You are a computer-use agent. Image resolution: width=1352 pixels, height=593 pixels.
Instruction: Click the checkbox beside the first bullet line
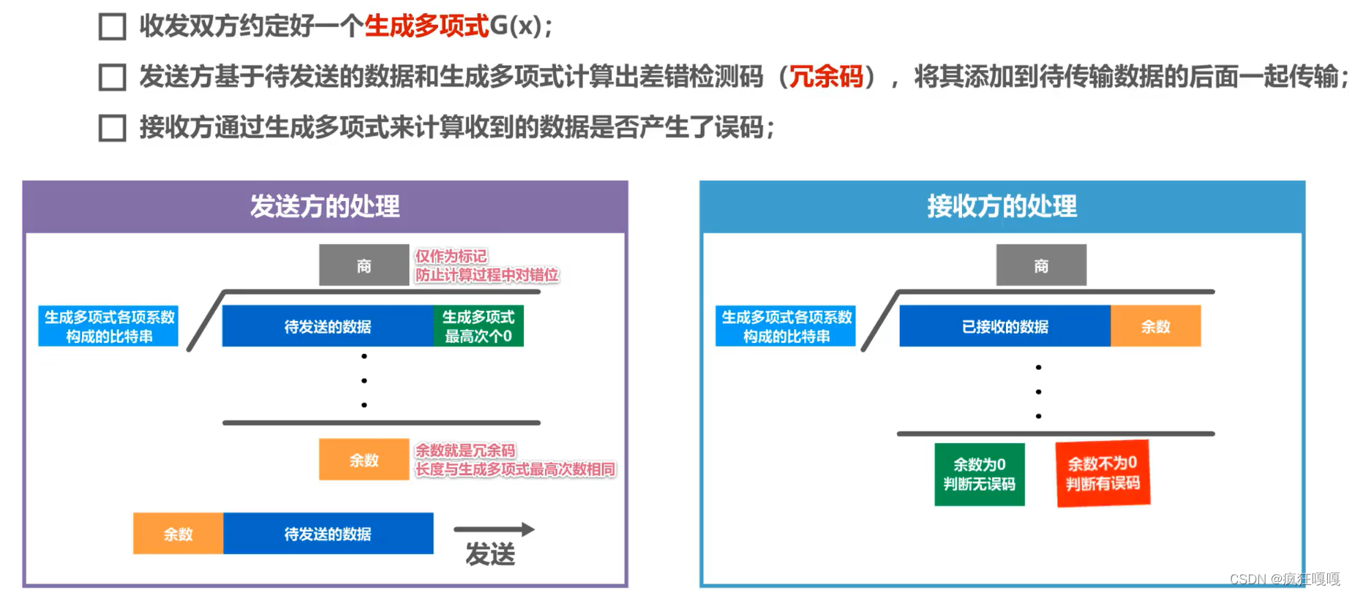point(112,26)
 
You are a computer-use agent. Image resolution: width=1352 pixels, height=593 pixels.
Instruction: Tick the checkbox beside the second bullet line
point(112,77)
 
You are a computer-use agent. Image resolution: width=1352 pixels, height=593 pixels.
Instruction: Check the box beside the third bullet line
point(112,128)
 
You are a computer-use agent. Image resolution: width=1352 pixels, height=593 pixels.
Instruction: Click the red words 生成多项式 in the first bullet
point(427,26)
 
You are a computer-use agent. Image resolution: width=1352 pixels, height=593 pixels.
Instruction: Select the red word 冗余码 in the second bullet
point(826,76)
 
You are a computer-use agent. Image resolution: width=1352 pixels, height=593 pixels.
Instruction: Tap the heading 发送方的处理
point(325,206)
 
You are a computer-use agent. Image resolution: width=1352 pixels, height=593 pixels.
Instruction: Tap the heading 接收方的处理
point(1002,206)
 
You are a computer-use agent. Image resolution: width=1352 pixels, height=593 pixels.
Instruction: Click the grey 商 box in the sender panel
point(364,265)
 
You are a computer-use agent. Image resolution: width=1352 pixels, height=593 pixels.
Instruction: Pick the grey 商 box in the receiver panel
point(1041,265)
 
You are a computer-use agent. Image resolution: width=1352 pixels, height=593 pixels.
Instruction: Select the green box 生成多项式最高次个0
point(478,326)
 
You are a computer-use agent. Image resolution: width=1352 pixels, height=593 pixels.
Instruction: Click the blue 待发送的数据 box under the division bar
point(327,326)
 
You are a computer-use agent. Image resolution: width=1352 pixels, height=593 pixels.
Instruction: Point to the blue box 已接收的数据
point(1004,326)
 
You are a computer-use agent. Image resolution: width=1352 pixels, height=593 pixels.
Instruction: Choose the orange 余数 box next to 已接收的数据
point(1155,326)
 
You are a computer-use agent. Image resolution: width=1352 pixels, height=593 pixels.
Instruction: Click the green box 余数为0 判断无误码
point(979,474)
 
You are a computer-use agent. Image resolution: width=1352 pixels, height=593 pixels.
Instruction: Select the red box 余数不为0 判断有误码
point(1103,473)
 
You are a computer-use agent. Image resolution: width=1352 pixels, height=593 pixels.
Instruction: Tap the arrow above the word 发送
point(494,529)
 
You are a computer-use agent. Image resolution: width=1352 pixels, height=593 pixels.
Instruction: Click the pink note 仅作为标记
point(451,256)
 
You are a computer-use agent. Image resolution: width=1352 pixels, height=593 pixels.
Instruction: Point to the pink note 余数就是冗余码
point(465,450)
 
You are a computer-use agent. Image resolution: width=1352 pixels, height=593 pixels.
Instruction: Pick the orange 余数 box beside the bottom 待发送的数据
point(178,534)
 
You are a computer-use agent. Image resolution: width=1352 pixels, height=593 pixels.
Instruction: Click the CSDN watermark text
point(1284,579)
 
